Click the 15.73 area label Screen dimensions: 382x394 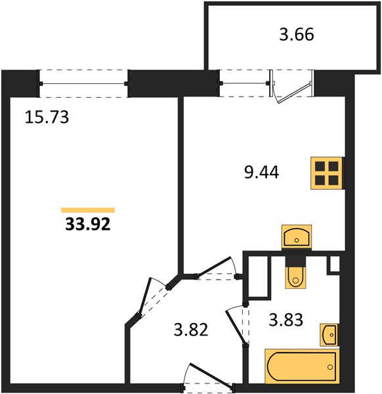[x=47, y=117]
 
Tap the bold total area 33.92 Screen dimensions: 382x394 [x=88, y=224]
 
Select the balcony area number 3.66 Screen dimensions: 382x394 [x=297, y=34]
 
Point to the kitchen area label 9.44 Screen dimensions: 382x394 [x=261, y=173]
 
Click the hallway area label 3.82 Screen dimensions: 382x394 [x=191, y=330]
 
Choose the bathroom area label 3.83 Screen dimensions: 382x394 [x=286, y=320]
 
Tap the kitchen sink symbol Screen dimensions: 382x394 [x=297, y=236]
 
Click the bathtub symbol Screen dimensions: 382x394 [x=302, y=367]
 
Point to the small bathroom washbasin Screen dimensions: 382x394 [x=329, y=335]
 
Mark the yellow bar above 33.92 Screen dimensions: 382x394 [x=88, y=210]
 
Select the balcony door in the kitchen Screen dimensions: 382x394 [x=292, y=87]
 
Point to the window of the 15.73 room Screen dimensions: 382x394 [x=84, y=83]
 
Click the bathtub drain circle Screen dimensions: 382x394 [x=330, y=367]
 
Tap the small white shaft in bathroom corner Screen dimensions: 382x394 [x=334, y=264]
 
